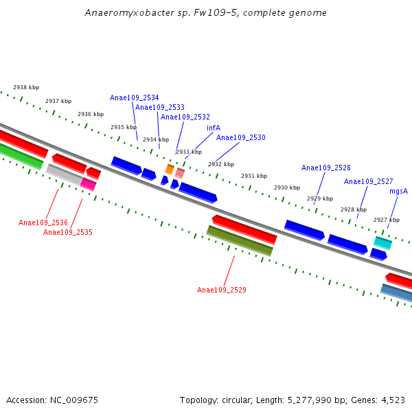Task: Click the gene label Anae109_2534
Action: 134,98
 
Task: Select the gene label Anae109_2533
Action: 159,107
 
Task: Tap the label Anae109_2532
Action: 185,117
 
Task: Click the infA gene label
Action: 214,128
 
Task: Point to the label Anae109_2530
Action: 240,137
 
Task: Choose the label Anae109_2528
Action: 325,168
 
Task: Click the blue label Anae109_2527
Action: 368,181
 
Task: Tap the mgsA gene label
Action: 398,191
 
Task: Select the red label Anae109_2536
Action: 43,222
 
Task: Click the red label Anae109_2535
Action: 67,232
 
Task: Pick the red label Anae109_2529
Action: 221,290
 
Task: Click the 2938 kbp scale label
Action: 26,87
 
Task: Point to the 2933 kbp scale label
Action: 189,152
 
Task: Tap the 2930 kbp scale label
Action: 287,187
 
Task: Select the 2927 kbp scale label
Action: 386,220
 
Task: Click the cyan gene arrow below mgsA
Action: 382,242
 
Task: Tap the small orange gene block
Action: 170,169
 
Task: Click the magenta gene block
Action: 88,183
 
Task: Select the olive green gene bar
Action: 240,240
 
